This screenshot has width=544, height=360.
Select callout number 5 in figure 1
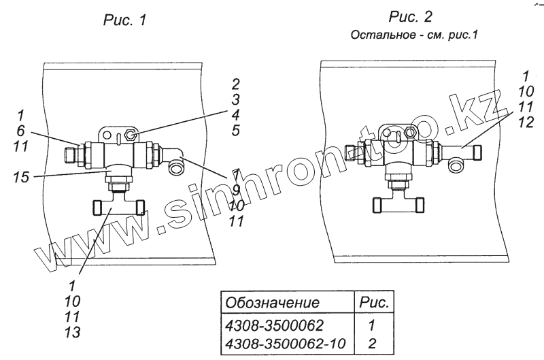click(235, 129)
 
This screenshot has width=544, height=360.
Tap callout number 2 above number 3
click(235, 84)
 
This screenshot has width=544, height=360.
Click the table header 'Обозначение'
click(272, 302)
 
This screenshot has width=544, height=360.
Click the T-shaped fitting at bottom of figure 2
click(399, 203)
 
